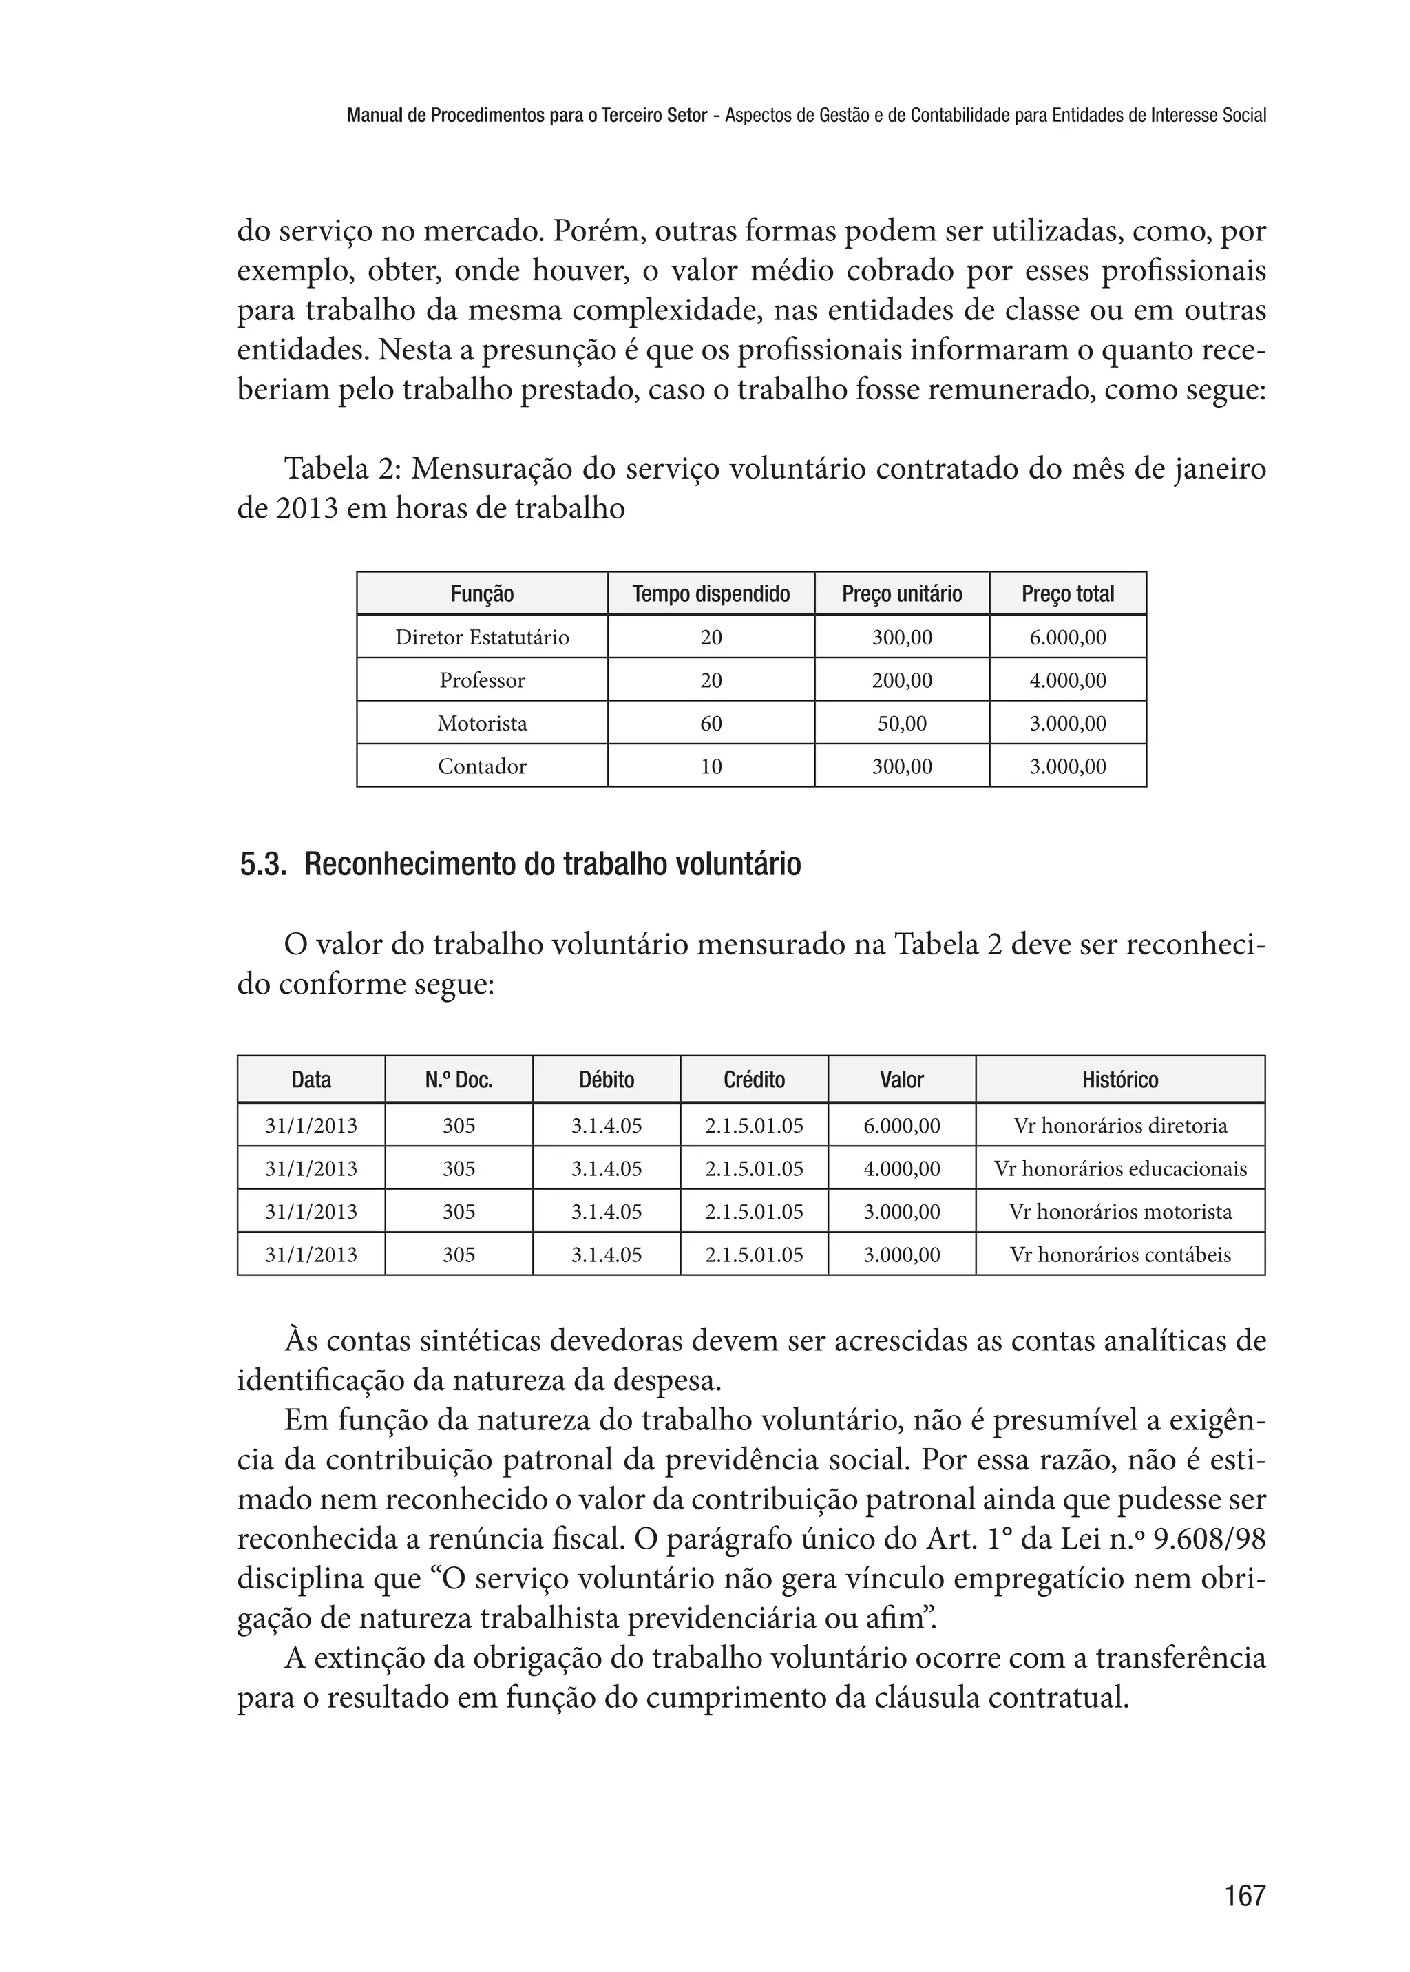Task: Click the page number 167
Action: click(1244, 1895)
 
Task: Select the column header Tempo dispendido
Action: click(711, 594)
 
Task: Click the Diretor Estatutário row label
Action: click(482, 638)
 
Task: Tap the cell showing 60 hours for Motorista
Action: click(711, 724)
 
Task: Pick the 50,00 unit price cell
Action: click(901, 724)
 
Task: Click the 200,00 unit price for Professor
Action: click(901, 680)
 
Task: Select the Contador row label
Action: click(482, 766)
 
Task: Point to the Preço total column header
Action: click(1067, 594)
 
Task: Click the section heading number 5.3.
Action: click(262, 866)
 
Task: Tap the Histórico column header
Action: click(1119, 1080)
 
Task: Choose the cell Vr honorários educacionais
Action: click(1120, 1168)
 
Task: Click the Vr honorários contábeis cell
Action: click(1120, 1255)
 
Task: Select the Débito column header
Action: click(606, 1080)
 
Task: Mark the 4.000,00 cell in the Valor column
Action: click(901, 1168)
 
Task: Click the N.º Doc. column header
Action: click(459, 1080)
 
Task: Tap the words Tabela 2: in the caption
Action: click(343, 469)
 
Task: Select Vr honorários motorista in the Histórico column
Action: click(1120, 1211)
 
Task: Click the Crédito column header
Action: click(754, 1080)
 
